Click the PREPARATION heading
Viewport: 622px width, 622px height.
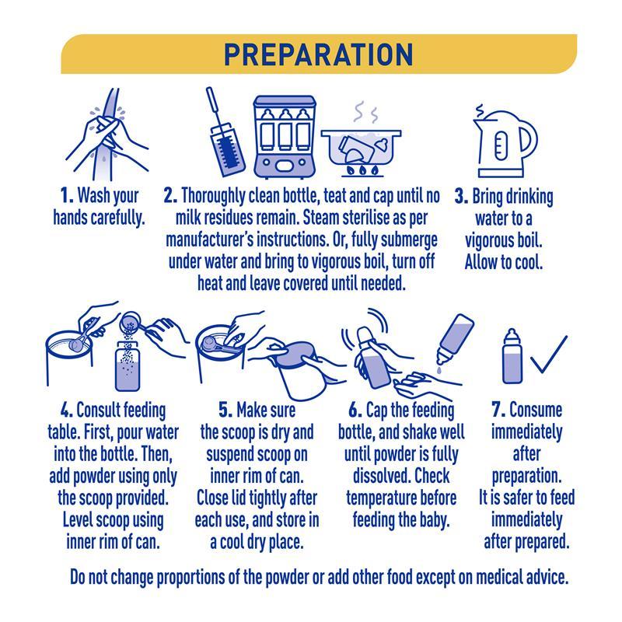tap(319, 54)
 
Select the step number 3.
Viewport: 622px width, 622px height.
tap(461, 196)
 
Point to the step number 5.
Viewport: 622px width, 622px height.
tap(225, 410)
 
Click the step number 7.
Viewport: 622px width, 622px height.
tap(498, 410)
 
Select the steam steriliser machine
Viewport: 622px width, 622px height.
tap(285, 137)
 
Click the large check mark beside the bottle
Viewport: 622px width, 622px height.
tap(548, 355)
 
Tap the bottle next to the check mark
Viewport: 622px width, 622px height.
tap(512, 356)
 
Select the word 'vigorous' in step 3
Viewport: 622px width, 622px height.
tap(491, 241)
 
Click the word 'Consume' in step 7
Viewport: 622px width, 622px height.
tap(536, 410)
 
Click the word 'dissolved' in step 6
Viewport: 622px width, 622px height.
tap(382, 476)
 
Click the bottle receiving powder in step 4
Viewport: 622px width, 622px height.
tap(128, 365)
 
